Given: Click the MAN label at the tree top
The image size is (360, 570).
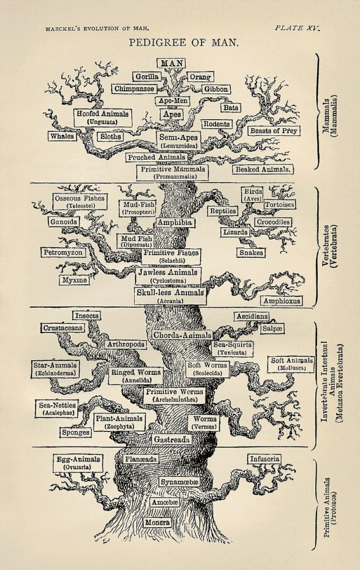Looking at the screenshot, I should tap(171, 63).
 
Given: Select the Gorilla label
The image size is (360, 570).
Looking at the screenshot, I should tap(146, 76).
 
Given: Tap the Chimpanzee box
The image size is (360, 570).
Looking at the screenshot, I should tap(134, 89).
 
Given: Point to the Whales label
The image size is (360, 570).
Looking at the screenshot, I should tap(62, 136).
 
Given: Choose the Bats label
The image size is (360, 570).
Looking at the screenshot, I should tap(230, 107).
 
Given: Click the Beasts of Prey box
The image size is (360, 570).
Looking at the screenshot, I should tap(274, 131).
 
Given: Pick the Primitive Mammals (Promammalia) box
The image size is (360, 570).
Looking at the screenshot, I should tap(172, 171).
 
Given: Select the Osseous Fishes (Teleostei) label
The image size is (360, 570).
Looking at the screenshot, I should tap(80, 201).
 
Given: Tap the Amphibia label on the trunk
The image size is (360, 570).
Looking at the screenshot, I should tap(175, 222).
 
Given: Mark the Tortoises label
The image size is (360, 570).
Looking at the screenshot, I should tap(279, 204).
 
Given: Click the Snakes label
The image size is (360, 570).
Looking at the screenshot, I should tap(251, 252).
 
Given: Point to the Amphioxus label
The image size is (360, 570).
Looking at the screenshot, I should tap(282, 301).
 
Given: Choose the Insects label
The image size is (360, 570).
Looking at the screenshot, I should tap(86, 316).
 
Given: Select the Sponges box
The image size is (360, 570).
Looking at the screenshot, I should tap(76, 432).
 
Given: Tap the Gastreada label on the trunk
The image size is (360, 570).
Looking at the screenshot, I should tap(172, 439).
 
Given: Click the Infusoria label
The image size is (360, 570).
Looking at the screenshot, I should tap(264, 459).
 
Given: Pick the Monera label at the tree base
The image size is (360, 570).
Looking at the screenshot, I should tap(157, 523).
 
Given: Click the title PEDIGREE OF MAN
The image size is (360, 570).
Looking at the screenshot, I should tap(184, 42).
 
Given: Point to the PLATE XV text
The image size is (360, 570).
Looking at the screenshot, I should tap(298, 28).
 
